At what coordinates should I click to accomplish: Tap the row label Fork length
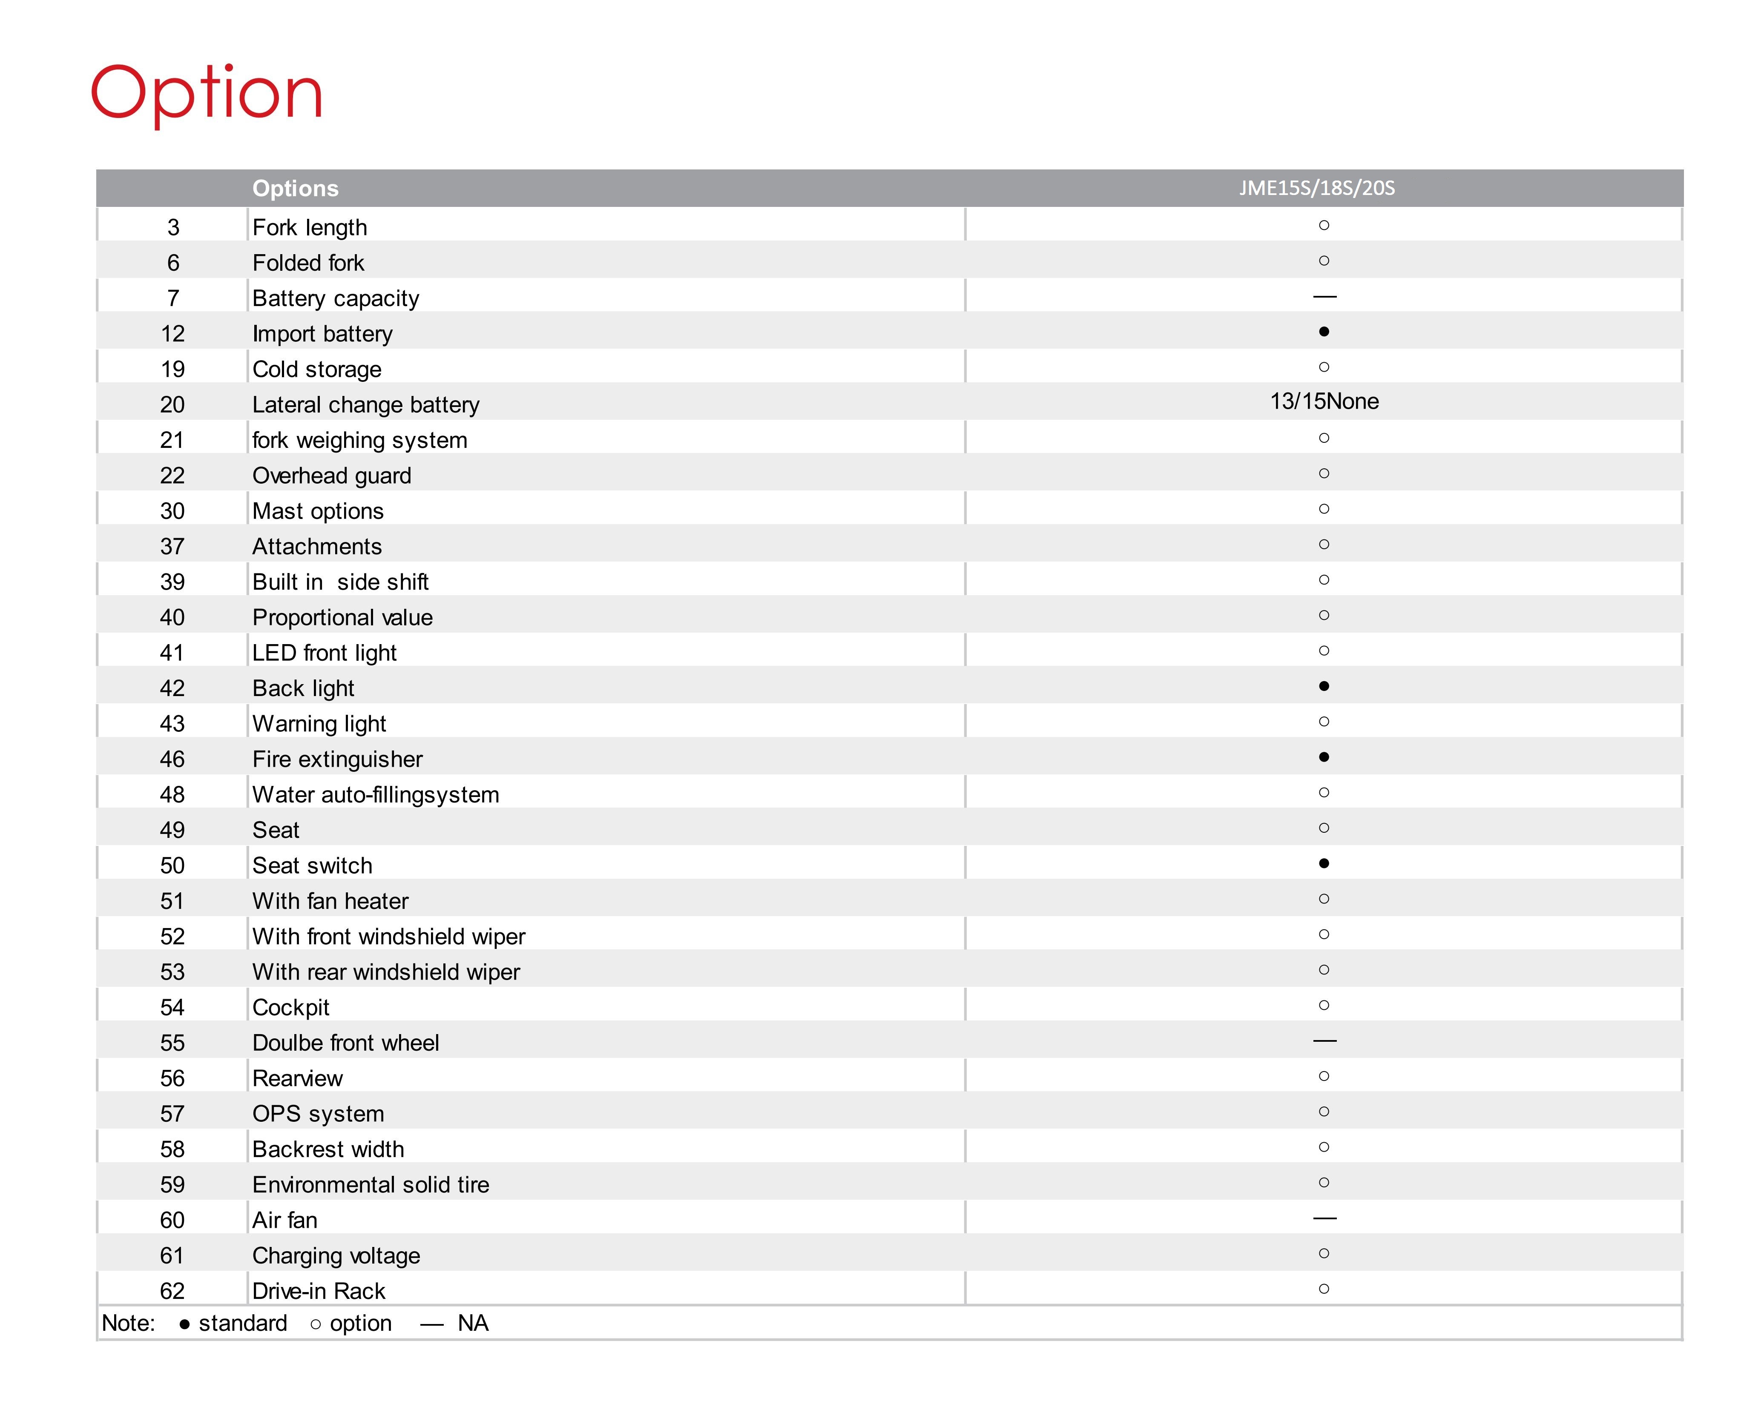[310, 227]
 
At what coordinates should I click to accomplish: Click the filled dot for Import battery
[1323, 331]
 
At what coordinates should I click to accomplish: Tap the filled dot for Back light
[1323, 686]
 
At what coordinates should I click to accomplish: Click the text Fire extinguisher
[337, 759]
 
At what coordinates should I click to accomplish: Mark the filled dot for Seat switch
[1323, 863]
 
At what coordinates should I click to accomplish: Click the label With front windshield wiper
[388, 937]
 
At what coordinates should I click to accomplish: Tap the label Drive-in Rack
[319, 1291]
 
